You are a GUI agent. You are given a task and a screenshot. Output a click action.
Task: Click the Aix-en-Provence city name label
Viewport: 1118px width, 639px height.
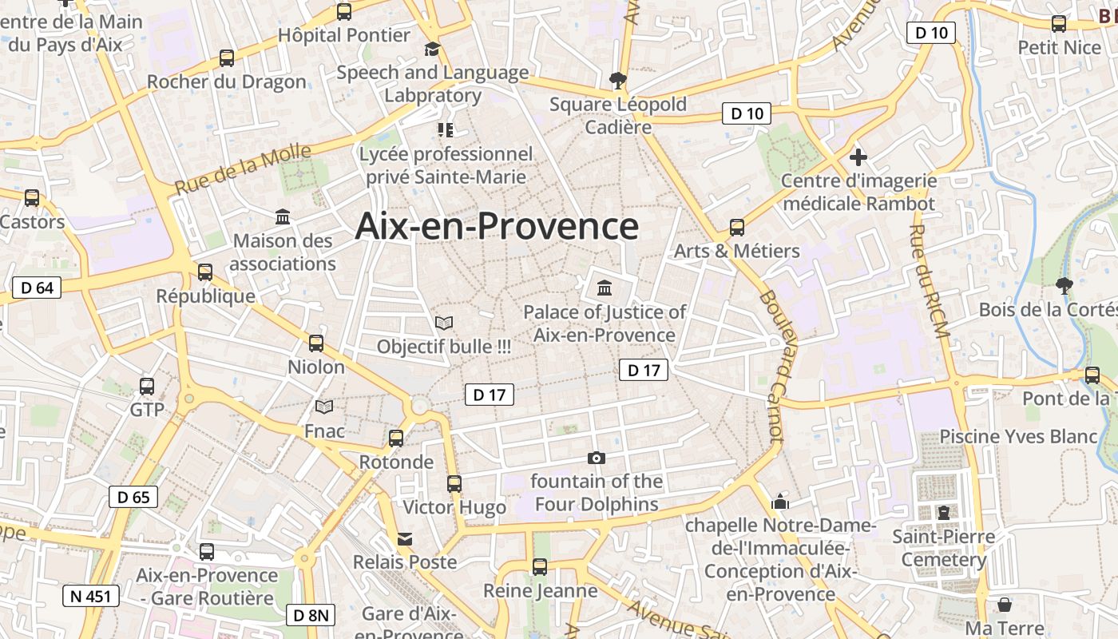[x=497, y=226]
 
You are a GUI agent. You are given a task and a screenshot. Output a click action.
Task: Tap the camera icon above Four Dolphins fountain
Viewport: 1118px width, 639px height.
[x=596, y=458]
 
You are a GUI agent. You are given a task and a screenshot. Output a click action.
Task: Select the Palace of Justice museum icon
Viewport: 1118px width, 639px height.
[x=605, y=288]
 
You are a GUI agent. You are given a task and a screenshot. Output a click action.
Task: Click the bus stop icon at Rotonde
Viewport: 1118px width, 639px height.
[x=396, y=438]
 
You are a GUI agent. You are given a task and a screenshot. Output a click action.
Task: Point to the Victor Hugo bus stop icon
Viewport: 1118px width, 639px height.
[x=454, y=483]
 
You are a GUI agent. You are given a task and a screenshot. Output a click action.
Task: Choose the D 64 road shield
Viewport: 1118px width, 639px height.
[x=37, y=288]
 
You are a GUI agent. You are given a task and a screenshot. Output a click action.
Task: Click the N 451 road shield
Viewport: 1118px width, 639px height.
[x=91, y=595]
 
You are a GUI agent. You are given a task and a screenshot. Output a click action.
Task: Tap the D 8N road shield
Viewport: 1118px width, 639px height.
[x=310, y=615]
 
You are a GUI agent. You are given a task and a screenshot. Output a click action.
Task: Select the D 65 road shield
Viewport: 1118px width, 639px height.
[x=133, y=497]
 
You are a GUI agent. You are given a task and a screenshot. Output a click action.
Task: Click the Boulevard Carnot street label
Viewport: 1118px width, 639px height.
[x=771, y=364]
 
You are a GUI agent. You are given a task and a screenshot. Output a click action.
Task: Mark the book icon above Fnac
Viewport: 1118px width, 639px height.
[x=324, y=407]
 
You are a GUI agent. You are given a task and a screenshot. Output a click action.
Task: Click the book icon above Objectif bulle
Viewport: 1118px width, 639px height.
[x=444, y=323]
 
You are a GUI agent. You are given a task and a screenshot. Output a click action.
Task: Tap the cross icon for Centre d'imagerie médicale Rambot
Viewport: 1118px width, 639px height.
[x=858, y=157]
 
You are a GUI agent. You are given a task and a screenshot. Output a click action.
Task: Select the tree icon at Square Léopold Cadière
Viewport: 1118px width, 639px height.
[x=616, y=80]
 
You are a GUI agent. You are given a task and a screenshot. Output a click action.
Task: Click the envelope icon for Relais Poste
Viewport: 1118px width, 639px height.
[x=405, y=539]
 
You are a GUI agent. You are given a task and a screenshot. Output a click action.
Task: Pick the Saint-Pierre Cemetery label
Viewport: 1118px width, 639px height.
[x=944, y=547]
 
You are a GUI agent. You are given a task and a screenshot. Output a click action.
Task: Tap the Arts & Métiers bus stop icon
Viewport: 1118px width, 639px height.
[x=737, y=228]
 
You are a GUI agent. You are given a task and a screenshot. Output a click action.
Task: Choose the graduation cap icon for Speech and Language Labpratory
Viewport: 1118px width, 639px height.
[x=432, y=50]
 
